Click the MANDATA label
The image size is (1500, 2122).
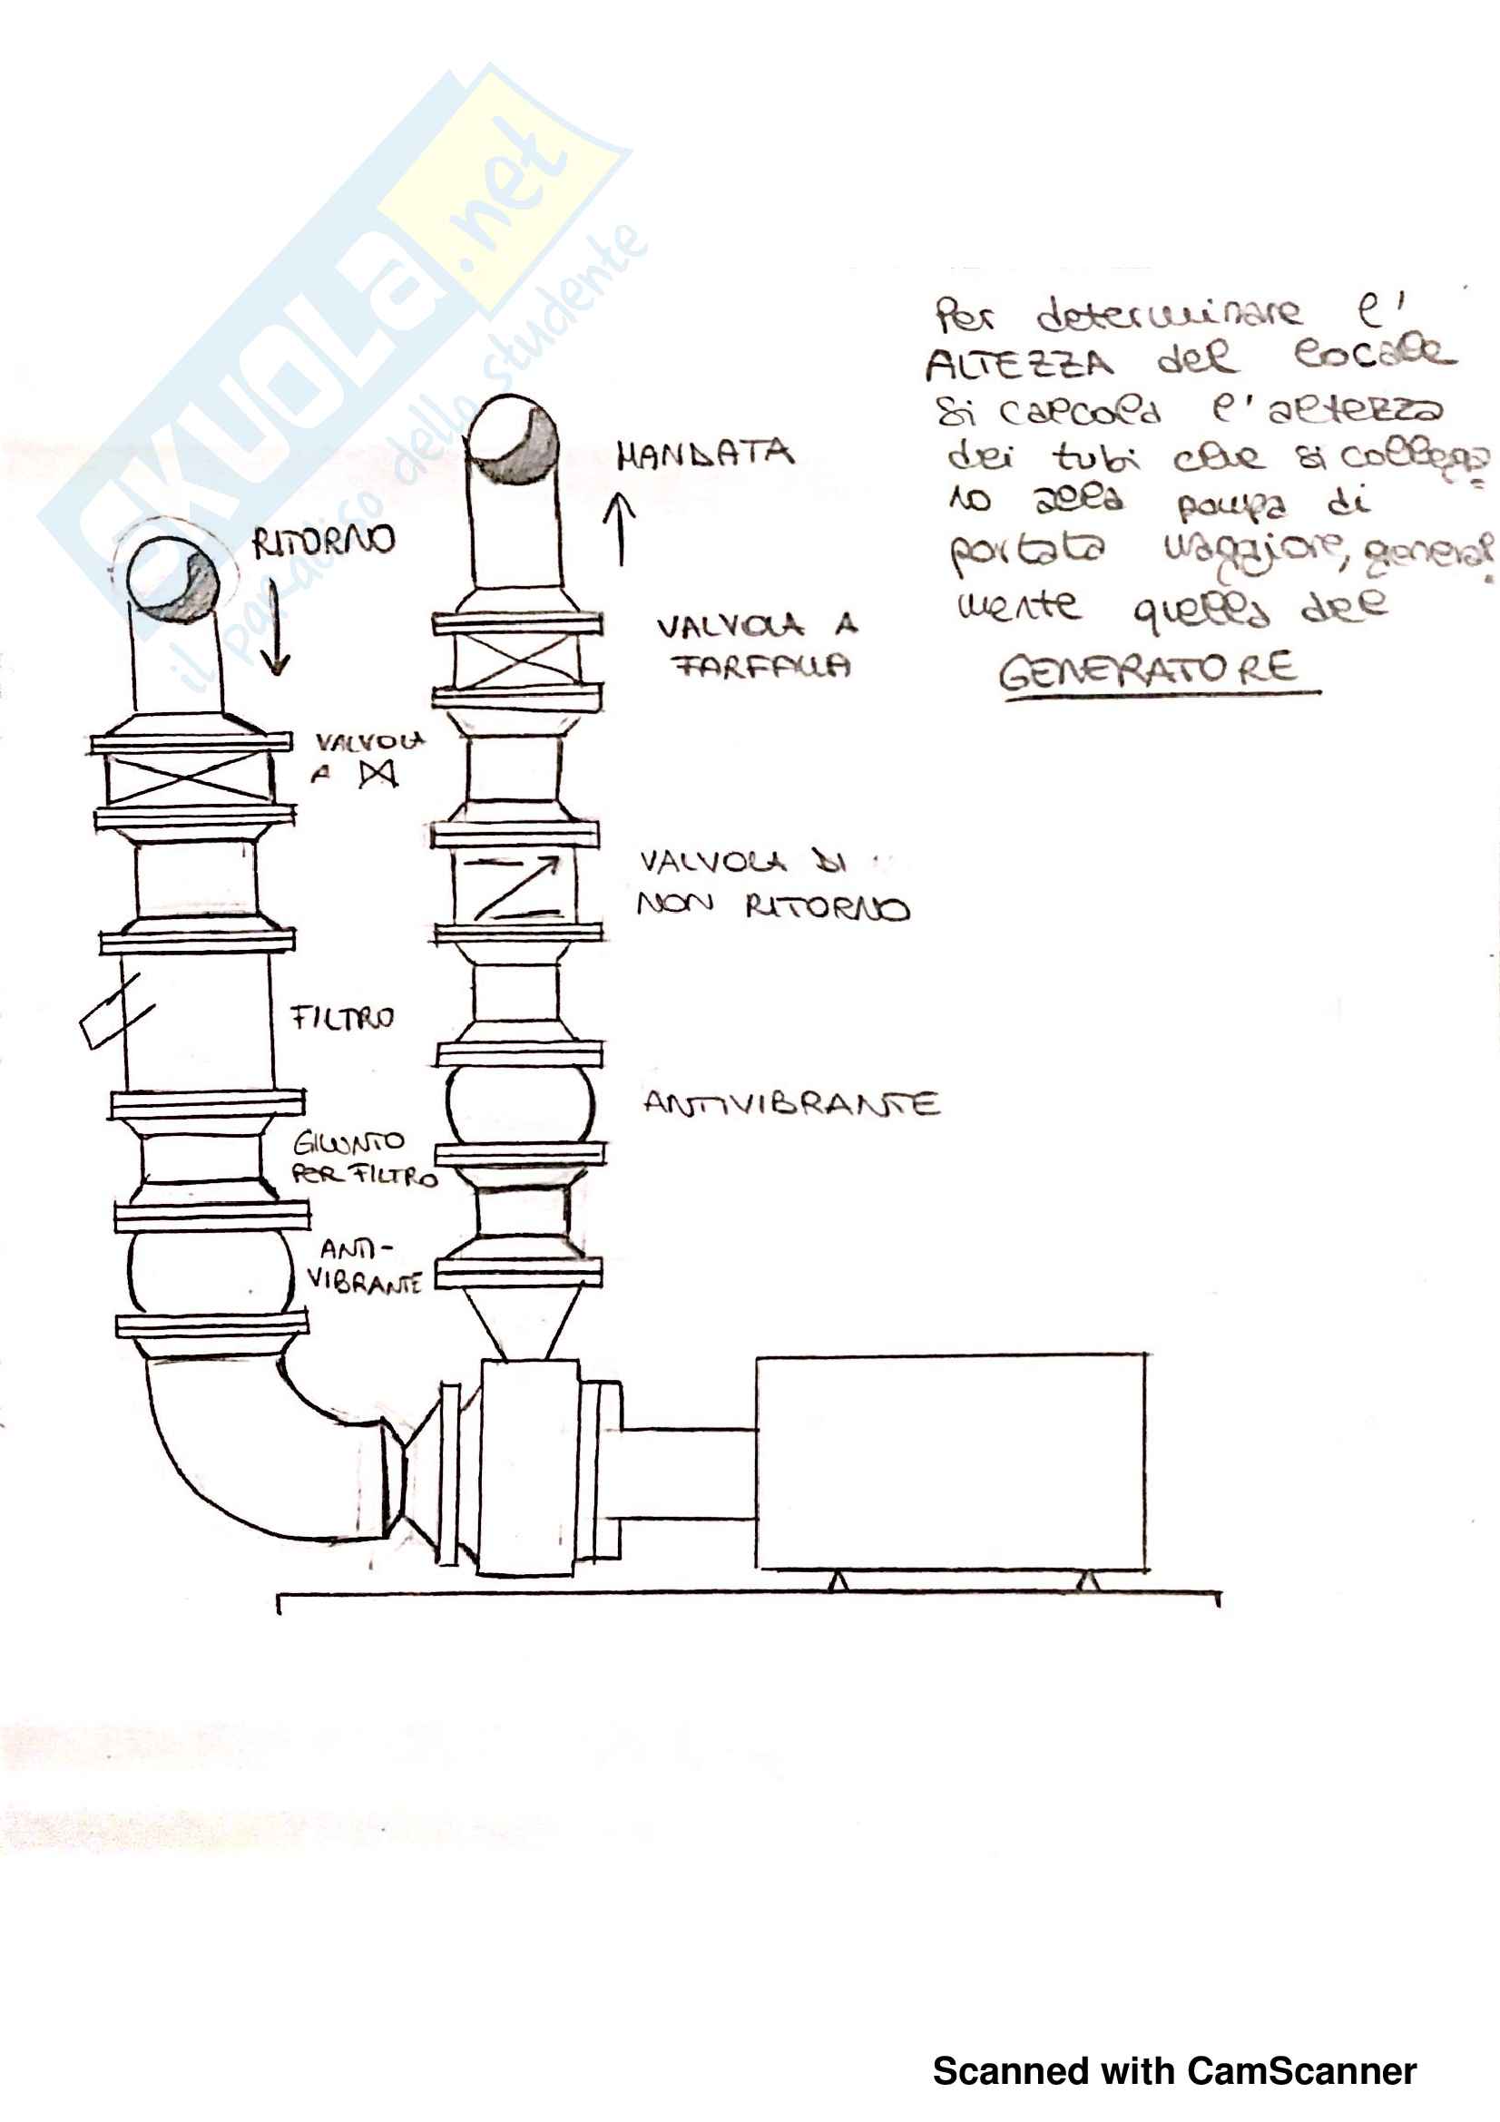pos(704,454)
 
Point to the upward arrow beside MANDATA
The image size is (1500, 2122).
pos(619,528)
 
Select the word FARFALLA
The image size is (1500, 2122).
pos(760,665)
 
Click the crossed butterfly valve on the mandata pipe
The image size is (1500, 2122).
pos(516,660)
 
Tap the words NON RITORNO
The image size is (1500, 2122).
pos(772,906)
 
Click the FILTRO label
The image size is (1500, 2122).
pos(342,1018)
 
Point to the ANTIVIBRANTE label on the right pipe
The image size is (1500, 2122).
pos(791,1103)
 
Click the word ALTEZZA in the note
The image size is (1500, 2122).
pos(1019,364)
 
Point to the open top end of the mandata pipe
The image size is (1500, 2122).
pos(514,440)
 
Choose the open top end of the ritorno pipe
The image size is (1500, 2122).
pos(172,574)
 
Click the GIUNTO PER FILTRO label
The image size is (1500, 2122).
pos(362,1159)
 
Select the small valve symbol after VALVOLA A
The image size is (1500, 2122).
pos(378,773)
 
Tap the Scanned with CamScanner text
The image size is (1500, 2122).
pos(1173,2071)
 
